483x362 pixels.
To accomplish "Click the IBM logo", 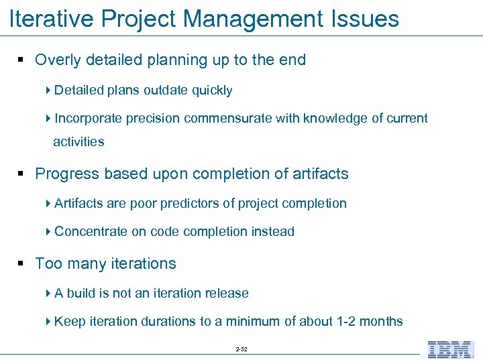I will (450, 349).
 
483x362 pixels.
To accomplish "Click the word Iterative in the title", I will (50, 19).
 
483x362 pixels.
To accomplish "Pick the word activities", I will (78, 142).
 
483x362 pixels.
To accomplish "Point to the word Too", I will (47, 264).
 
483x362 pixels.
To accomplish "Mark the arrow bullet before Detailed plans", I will (48, 90).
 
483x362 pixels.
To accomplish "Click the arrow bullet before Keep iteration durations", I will (48, 322).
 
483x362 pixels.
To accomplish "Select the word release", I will (227, 294).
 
